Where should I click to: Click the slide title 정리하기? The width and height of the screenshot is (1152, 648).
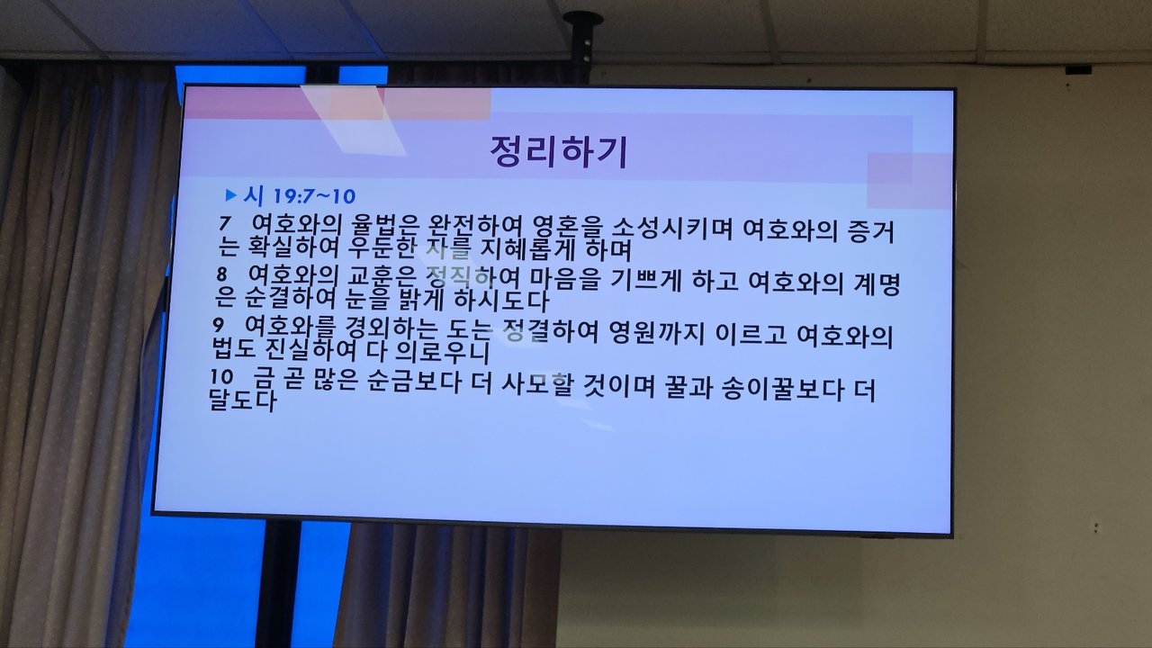point(559,151)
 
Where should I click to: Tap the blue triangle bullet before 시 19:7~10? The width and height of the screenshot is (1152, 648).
point(231,195)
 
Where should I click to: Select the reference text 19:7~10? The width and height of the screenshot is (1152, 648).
point(314,196)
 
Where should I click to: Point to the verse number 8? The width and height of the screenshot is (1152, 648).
point(221,274)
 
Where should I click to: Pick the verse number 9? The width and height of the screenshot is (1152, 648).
point(218,325)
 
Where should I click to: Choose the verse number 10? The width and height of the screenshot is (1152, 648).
point(221,377)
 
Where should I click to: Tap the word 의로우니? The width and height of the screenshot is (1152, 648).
point(443,352)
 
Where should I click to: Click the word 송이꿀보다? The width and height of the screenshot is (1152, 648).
point(783,388)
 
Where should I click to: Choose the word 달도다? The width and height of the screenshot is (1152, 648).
point(244,400)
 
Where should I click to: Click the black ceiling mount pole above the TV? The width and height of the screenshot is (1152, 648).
point(581,48)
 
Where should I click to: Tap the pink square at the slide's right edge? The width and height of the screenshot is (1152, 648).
point(909,181)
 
